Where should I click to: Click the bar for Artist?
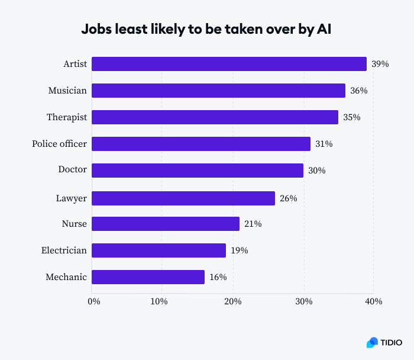[x=229, y=64]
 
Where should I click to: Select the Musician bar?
[x=218, y=91]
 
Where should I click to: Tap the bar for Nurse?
[x=166, y=224]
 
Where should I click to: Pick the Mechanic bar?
[x=148, y=277]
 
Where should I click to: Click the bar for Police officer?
[x=201, y=144]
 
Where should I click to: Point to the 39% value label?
[x=380, y=64]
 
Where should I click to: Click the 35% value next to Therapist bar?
[x=351, y=117]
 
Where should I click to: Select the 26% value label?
[x=288, y=198]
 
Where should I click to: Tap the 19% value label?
[x=239, y=250]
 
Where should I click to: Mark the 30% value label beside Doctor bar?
[x=316, y=171]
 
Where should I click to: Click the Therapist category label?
[x=67, y=117]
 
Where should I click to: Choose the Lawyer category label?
[x=71, y=198]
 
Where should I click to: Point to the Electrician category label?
[x=64, y=250]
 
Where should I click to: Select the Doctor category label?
[x=72, y=170]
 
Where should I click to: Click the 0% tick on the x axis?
[x=93, y=301]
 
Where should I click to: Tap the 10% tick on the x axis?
[x=160, y=301]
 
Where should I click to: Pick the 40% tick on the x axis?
[x=374, y=301]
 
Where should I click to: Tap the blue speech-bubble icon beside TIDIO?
[x=372, y=342]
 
